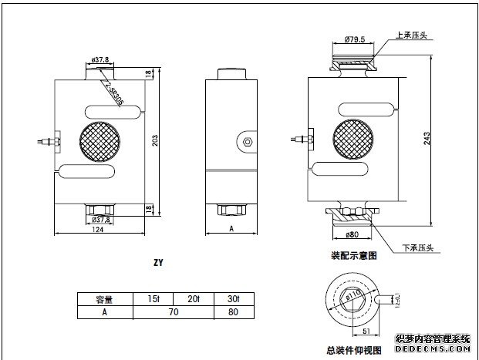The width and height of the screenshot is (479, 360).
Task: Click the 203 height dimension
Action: [160, 142]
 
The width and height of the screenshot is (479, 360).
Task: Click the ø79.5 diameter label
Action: [354, 39]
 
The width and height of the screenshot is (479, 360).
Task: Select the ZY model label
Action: [157, 262]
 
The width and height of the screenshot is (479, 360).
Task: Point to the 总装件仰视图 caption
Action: [353, 350]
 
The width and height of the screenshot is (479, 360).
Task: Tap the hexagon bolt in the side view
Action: [246, 141]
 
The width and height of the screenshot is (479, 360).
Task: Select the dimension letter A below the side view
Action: [231, 229]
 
